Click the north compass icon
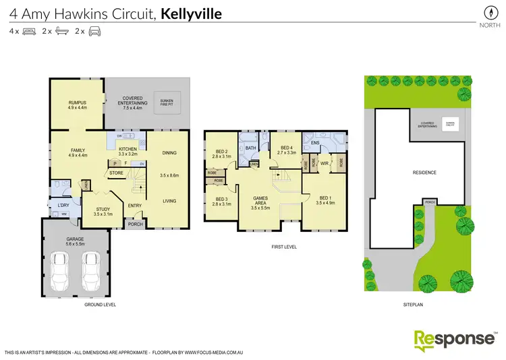tap(485, 12)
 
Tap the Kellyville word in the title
tap(192, 13)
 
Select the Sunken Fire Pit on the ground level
tap(166, 103)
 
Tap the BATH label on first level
tap(250, 148)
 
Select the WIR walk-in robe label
tap(324, 163)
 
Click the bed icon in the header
tap(29, 31)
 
